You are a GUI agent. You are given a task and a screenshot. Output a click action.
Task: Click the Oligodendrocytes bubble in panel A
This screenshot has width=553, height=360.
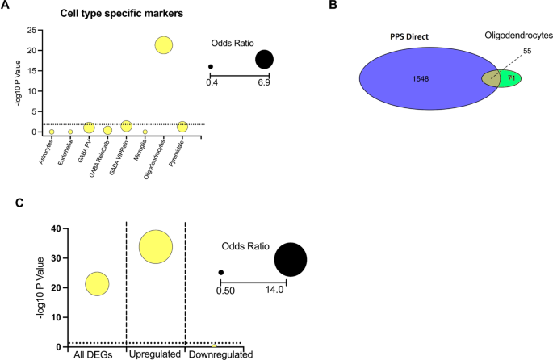point(164,45)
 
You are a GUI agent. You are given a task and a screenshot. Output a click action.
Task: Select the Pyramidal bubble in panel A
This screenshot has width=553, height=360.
point(182,126)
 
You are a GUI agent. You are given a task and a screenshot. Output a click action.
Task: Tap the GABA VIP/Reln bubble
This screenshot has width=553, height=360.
point(126,126)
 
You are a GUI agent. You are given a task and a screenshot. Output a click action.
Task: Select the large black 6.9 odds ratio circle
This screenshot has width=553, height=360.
point(264,59)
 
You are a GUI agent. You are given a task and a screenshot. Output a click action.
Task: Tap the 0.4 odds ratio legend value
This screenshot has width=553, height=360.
point(212,83)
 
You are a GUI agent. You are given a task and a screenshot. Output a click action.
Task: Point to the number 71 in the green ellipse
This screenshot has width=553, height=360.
point(512,79)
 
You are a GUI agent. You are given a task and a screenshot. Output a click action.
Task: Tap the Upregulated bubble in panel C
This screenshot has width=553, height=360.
point(156,246)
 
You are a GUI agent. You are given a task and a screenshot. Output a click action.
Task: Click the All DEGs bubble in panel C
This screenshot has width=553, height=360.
point(97,283)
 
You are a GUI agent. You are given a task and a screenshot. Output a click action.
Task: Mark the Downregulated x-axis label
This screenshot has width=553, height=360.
point(220,354)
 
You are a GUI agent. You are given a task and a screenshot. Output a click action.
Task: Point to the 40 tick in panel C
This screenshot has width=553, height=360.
point(54,228)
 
